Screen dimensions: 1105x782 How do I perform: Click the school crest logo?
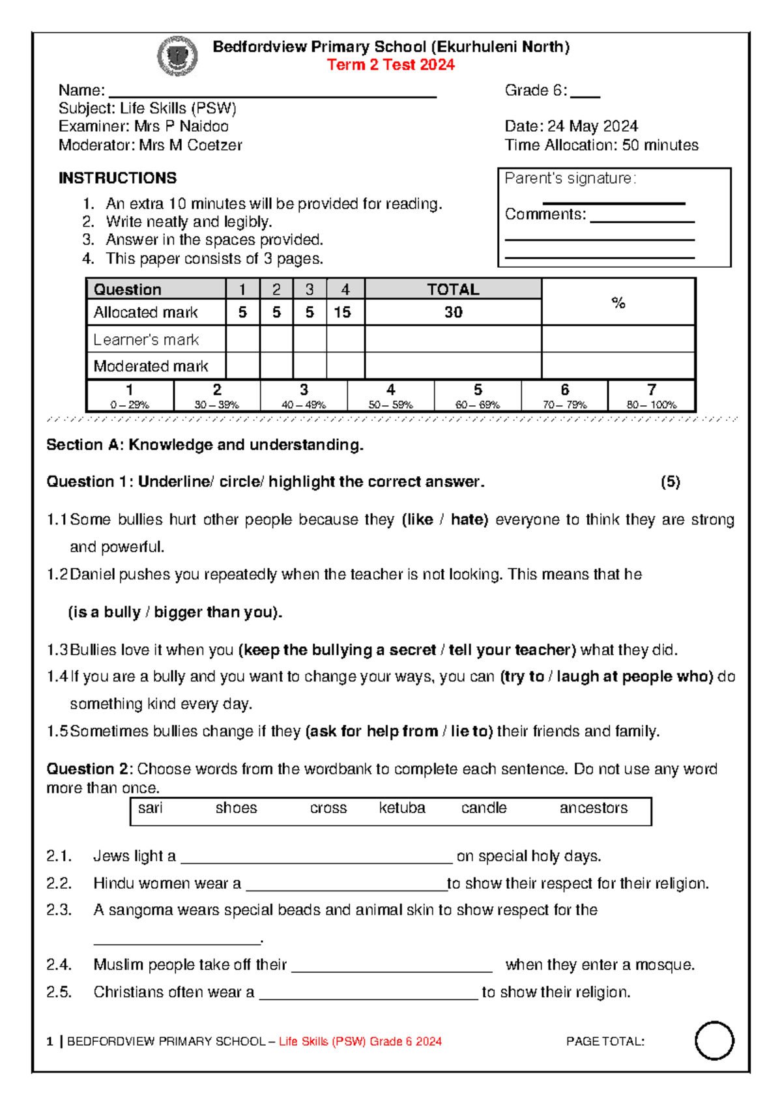click(x=177, y=56)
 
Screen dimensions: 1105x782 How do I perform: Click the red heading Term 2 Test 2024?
click(x=390, y=65)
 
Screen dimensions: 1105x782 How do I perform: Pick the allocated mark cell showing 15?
click(x=343, y=312)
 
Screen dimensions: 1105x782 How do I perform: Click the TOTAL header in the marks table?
click(x=453, y=289)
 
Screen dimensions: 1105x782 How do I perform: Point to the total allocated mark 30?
click(x=453, y=312)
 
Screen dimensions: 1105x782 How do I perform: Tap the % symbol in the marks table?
click(x=618, y=302)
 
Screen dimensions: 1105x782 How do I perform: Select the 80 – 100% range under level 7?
click(x=652, y=405)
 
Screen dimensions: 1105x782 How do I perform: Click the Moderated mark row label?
click(x=151, y=366)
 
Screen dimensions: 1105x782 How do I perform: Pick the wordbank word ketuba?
click(x=402, y=808)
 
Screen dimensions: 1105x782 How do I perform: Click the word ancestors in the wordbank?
click(x=593, y=808)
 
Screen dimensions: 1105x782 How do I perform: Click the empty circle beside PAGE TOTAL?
click(x=714, y=1040)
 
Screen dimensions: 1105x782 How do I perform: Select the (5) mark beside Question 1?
click(x=670, y=482)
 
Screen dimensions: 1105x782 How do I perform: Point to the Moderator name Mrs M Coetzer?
click(x=190, y=145)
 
